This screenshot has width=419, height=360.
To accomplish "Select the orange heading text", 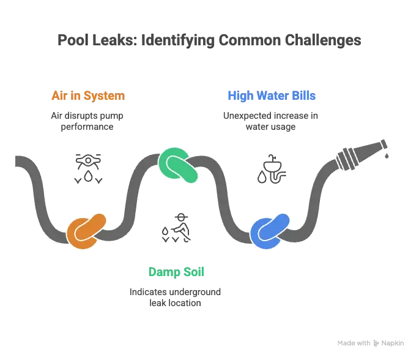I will [87, 96].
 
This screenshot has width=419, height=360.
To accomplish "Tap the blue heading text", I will [272, 96].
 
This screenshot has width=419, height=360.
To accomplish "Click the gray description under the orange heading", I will [87, 121].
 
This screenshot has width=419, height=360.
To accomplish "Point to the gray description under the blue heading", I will [272, 121].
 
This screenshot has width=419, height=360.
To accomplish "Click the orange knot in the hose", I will [86, 230].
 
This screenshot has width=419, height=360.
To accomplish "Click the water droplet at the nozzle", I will [387, 157].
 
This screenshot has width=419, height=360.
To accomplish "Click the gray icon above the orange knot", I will [87, 168].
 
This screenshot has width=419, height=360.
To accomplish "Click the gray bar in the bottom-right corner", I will [371, 342].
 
